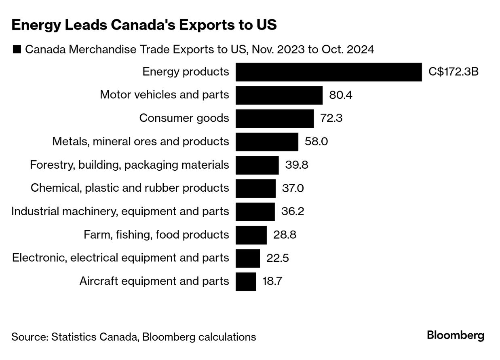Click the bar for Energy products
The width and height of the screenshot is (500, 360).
click(x=329, y=72)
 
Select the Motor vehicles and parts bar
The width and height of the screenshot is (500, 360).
click(x=279, y=95)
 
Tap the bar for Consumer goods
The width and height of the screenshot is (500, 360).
click(x=274, y=119)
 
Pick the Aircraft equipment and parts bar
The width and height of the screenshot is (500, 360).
click(x=246, y=281)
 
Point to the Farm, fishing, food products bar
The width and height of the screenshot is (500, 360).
click(x=251, y=235)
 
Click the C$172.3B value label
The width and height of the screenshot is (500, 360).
click(x=454, y=72)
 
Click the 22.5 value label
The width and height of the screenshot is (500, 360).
click(x=277, y=258)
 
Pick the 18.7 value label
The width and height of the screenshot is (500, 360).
click(x=272, y=281)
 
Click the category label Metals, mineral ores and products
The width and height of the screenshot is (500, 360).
click(x=141, y=142)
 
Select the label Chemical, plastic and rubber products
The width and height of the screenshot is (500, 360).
click(x=130, y=188)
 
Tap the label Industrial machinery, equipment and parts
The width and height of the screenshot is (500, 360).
click(x=120, y=212)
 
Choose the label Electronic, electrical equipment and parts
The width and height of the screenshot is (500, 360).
click(x=120, y=258)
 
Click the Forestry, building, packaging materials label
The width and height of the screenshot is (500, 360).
click(x=129, y=165)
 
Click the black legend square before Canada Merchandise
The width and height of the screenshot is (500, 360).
click(x=17, y=50)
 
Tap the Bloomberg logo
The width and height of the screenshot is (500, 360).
click(x=456, y=335)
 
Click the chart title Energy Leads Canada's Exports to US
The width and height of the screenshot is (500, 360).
click(x=144, y=25)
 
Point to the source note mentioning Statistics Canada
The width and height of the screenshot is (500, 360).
click(x=133, y=337)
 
